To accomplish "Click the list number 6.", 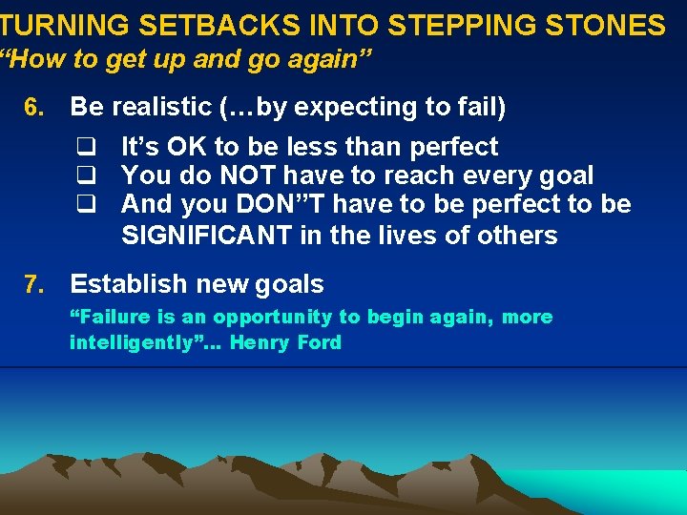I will [x=33, y=107].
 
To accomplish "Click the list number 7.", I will [x=33, y=284].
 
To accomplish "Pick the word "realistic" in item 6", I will [x=161, y=107].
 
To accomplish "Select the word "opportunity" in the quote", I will [x=273, y=318].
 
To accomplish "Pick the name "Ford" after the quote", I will [x=319, y=342].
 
